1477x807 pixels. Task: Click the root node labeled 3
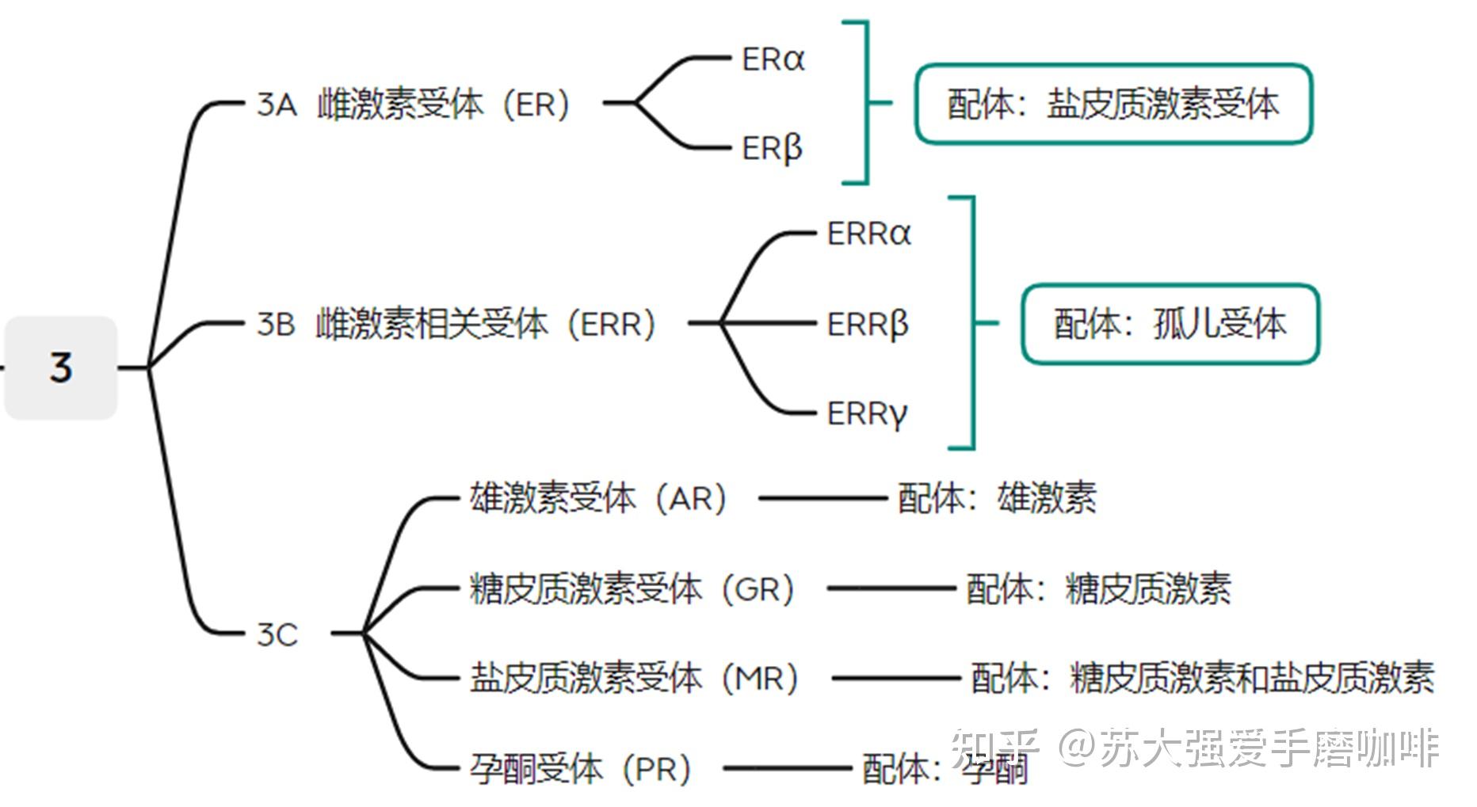(x=61, y=367)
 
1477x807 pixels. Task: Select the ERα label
(x=773, y=59)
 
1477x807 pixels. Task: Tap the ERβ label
(x=772, y=148)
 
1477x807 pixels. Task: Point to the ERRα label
(x=868, y=234)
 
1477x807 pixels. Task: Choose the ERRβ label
(x=867, y=324)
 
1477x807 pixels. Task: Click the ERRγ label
(x=866, y=413)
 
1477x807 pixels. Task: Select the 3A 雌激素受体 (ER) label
(x=413, y=104)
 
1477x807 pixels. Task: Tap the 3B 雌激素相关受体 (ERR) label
(x=456, y=324)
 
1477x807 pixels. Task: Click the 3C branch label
(x=277, y=634)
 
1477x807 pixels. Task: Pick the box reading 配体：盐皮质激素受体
(x=1113, y=105)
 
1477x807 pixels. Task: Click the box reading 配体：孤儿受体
(x=1170, y=324)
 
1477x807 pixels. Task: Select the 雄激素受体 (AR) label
(x=597, y=499)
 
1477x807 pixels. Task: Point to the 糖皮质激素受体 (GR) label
(x=632, y=589)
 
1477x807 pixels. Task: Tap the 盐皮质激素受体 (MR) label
(x=633, y=679)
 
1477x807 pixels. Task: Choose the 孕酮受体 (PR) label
(x=580, y=768)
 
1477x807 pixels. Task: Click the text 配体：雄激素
(x=997, y=499)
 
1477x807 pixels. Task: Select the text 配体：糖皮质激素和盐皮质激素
(x=1203, y=679)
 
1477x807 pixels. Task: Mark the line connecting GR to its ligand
(x=891, y=589)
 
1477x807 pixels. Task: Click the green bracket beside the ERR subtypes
(x=972, y=323)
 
